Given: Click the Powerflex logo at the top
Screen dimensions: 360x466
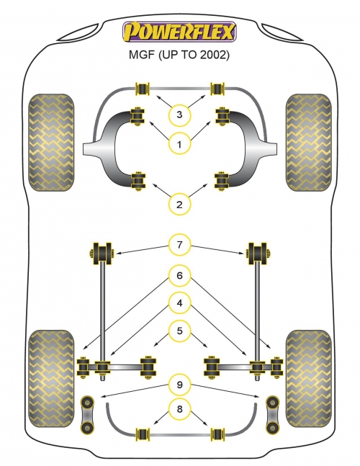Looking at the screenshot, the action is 179,32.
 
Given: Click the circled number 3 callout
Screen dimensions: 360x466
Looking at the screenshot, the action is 179,115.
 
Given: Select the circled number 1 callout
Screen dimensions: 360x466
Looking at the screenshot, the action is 179,145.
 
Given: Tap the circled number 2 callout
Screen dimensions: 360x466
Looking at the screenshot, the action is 179,205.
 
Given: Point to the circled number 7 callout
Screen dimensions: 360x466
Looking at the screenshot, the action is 179,245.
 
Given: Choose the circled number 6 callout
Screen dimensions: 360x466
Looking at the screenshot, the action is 179,276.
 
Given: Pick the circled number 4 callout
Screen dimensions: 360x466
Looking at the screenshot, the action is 179,303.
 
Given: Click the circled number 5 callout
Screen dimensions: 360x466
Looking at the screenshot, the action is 179,331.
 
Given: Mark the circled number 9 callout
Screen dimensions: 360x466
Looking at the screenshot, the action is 179,385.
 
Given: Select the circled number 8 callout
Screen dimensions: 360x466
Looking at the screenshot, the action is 179,409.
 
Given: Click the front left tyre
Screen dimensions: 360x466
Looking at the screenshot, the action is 51,143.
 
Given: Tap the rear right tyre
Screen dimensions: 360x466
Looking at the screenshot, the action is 309,378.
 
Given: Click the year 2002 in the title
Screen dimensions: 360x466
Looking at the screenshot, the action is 212,55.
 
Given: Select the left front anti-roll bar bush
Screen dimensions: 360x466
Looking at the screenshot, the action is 143,89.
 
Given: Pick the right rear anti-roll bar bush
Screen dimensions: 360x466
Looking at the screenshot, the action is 217,434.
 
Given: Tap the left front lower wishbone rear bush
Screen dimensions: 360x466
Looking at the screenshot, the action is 138,181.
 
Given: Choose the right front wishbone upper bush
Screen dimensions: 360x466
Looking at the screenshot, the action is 222,116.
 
